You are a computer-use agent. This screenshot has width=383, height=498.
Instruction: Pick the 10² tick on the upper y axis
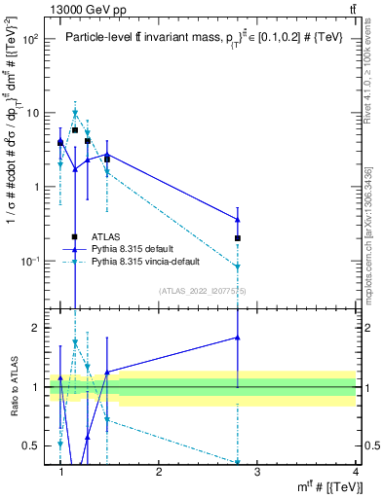(30, 40)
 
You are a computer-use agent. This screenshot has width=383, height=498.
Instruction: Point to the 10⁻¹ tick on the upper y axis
(30, 262)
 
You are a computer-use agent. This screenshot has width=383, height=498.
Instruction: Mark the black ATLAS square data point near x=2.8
(238, 238)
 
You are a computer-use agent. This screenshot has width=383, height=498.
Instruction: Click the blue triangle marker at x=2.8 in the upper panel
(238, 220)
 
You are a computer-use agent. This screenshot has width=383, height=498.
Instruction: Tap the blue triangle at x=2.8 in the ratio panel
(238, 338)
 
